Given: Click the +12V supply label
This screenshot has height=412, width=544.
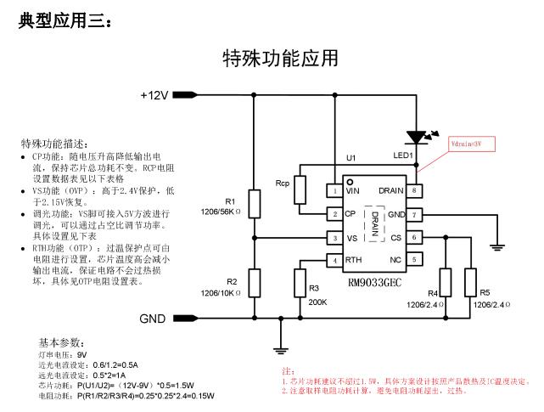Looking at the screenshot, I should pos(154,96).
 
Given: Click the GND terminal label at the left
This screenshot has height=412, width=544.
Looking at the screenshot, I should pos(154,319).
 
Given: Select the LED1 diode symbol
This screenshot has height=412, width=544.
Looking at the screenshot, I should pos(416,136).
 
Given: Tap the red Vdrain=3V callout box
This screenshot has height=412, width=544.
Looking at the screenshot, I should pos(466,145).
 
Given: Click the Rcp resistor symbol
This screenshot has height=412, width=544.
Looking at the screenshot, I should pos(300,191).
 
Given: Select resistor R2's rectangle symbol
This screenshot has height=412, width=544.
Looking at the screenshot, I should pos(254,281).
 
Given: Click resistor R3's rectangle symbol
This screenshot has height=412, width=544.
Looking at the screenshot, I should pos(299,281).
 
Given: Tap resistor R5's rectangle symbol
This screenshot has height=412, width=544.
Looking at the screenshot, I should pos(472,281).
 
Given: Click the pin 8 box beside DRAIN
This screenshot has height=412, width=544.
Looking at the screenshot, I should pos(413,191).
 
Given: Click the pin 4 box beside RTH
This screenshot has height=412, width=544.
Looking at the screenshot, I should pos(335,260).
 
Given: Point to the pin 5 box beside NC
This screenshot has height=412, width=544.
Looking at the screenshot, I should pos(413,260).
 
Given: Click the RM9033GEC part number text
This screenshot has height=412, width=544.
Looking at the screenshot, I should pos(376,279).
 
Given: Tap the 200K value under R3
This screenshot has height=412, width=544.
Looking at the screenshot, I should pos(318,302).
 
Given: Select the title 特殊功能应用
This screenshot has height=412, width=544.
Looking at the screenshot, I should pos(280,58).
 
